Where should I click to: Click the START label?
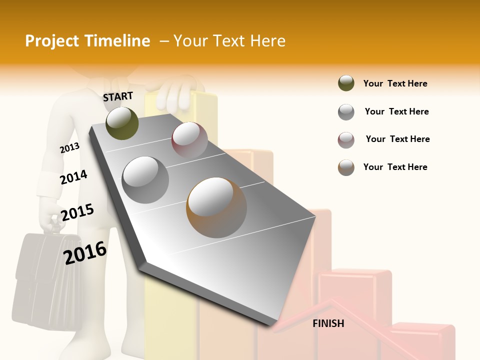(x=118, y=96)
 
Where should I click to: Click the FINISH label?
(x=328, y=323)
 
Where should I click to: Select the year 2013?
(x=69, y=148)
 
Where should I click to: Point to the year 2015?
(x=77, y=212)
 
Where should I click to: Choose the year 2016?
(x=85, y=252)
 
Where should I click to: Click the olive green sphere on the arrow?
(x=122, y=123)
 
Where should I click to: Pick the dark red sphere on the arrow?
(x=189, y=139)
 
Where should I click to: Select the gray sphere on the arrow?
(x=145, y=179)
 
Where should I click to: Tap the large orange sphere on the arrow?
(x=217, y=207)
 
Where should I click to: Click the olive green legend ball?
(x=346, y=83)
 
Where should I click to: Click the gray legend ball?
(x=346, y=112)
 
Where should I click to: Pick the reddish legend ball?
(x=346, y=140)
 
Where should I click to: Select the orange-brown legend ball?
(x=346, y=167)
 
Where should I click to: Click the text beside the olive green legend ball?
(x=395, y=83)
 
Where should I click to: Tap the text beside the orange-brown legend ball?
(x=395, y=167)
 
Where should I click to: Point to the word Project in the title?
(x=51, y=41)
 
